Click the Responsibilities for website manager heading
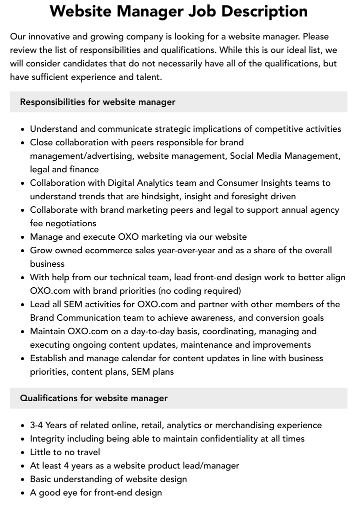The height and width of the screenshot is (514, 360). pos(97,102)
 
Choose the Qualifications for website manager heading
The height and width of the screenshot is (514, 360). pos(94,398)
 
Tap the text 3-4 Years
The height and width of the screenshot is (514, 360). pos(49,425)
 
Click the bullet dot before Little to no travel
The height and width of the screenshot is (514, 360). pos(23,453)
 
